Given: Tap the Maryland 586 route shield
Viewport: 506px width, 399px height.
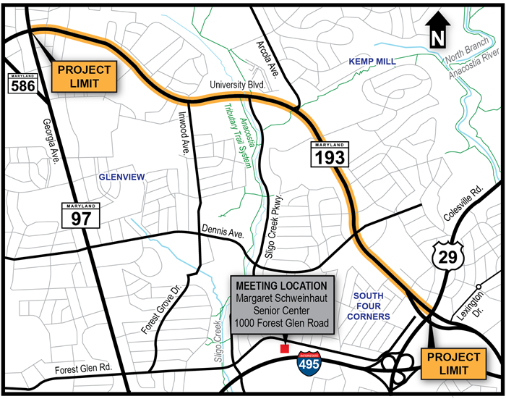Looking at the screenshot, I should (20, 83).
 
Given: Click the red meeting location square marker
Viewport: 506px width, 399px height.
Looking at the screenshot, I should (284, 349).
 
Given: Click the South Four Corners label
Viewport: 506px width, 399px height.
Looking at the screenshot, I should (372, 306).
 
